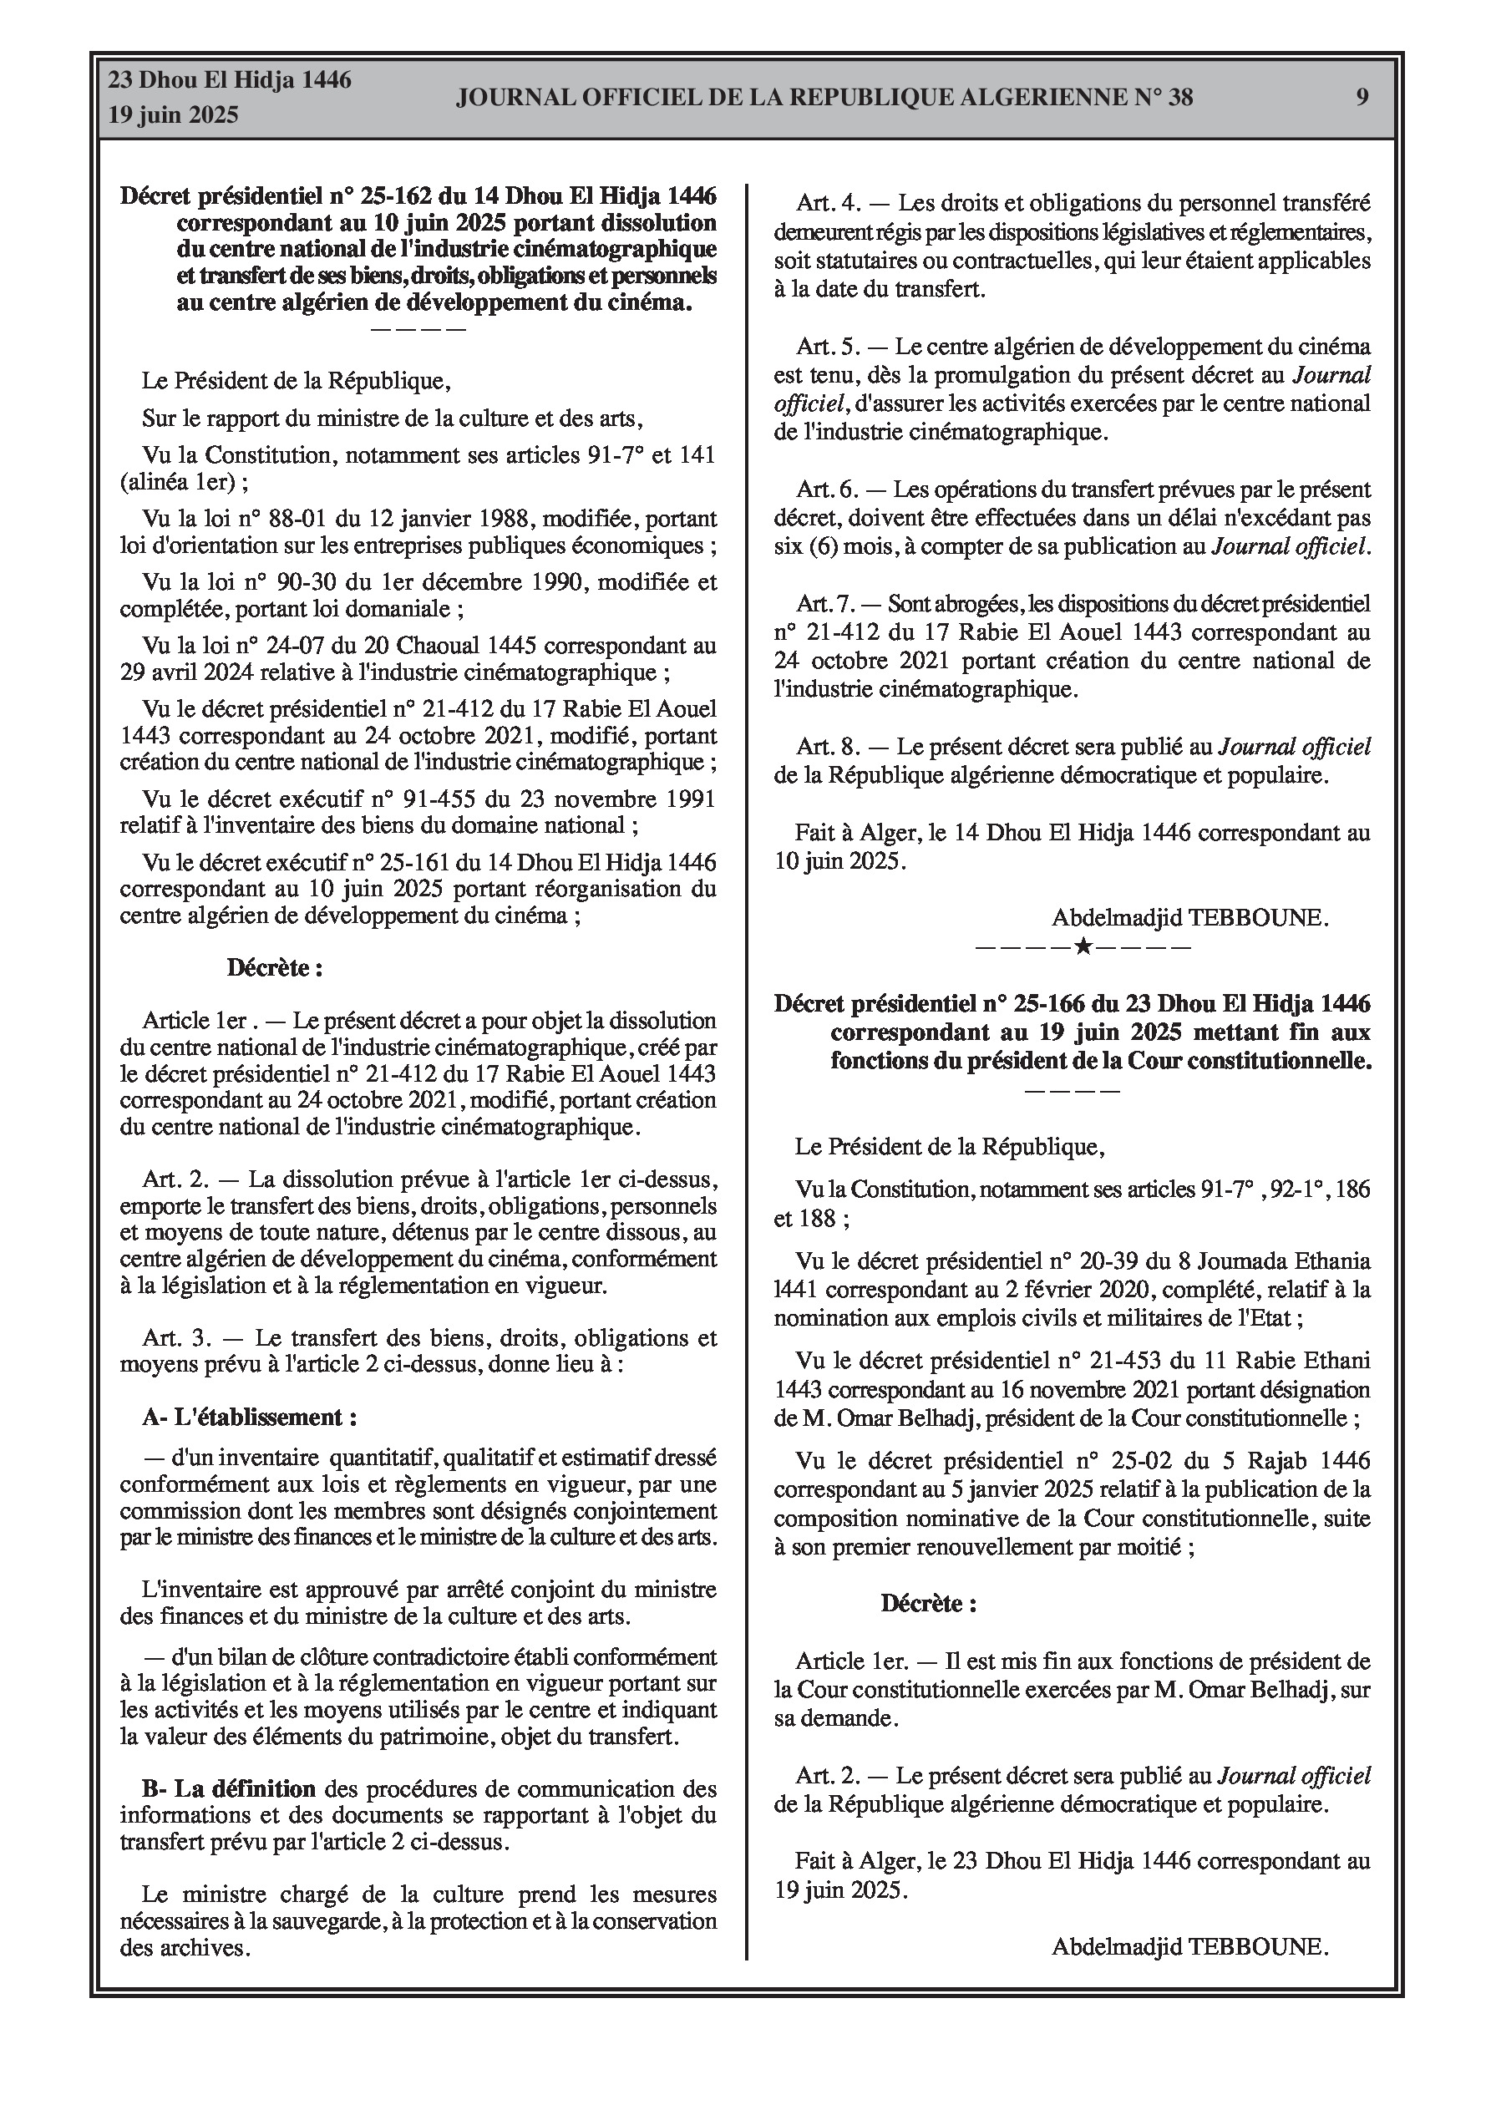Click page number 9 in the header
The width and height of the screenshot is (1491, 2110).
coord(1362,97)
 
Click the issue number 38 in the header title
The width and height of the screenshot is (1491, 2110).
coord(1180,98)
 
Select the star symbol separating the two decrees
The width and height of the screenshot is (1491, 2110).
coord(1083,946)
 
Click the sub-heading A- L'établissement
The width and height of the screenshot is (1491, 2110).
coord(249,1417)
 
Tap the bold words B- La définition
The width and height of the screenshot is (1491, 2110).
coord(229,1789)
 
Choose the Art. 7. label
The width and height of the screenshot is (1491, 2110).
coord(824,604)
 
